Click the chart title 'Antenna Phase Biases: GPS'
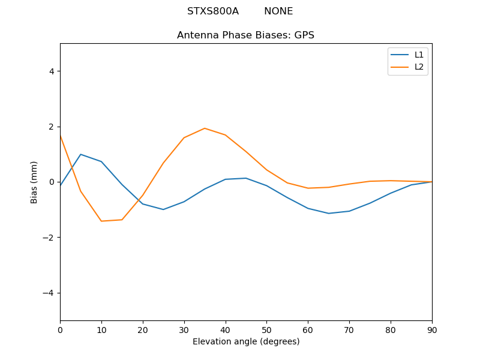pos(245,35)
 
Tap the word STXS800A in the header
pos(213,11)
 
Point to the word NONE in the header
pos(278,11)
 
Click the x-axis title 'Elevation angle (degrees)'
pos(246,342)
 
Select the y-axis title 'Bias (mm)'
pos(34,182)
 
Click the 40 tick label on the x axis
pos(226,329)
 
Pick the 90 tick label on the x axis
pos(432,329)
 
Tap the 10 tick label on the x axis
pos(101,329)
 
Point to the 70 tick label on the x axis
pos(349,329)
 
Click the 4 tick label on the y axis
pos(52,71)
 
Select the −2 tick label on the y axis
pos(49,238)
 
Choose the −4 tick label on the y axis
pos(49,293)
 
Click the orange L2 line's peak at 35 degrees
pos(205,128)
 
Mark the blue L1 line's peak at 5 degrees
pos(80,154)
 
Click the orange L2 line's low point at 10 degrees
pos(101,221)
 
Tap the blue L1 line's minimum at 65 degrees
pos(329,214)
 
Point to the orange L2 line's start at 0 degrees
pos(61,136)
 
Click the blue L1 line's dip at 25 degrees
pos(163,209)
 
